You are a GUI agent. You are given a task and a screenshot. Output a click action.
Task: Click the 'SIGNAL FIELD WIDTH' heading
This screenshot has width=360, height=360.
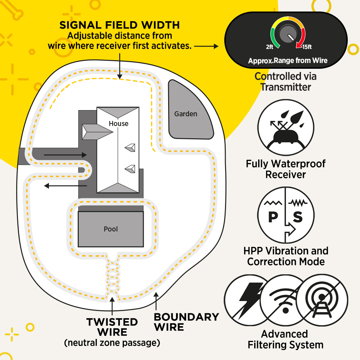point(119,25)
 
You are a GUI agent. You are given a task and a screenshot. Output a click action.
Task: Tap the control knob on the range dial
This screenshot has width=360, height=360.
point(287,35)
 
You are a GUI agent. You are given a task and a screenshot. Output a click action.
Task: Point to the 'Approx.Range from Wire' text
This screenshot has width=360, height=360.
point(288,60)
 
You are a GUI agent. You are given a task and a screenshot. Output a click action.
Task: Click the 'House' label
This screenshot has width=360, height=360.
point(118,123)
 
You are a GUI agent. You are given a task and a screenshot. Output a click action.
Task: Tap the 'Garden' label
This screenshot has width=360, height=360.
point(185,114)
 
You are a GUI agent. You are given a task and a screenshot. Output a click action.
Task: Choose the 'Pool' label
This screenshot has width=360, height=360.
point(111,229)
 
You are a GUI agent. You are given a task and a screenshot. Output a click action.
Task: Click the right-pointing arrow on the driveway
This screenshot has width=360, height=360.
point(65,155)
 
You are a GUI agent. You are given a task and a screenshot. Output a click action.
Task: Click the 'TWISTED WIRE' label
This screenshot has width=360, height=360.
point(112,327)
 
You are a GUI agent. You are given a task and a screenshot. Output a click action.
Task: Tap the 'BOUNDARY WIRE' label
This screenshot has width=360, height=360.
point(186,322)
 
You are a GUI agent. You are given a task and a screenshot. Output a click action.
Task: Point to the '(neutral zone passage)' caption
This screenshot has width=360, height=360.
point(112,343)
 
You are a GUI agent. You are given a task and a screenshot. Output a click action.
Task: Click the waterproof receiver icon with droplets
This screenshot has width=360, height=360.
point(286,128)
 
